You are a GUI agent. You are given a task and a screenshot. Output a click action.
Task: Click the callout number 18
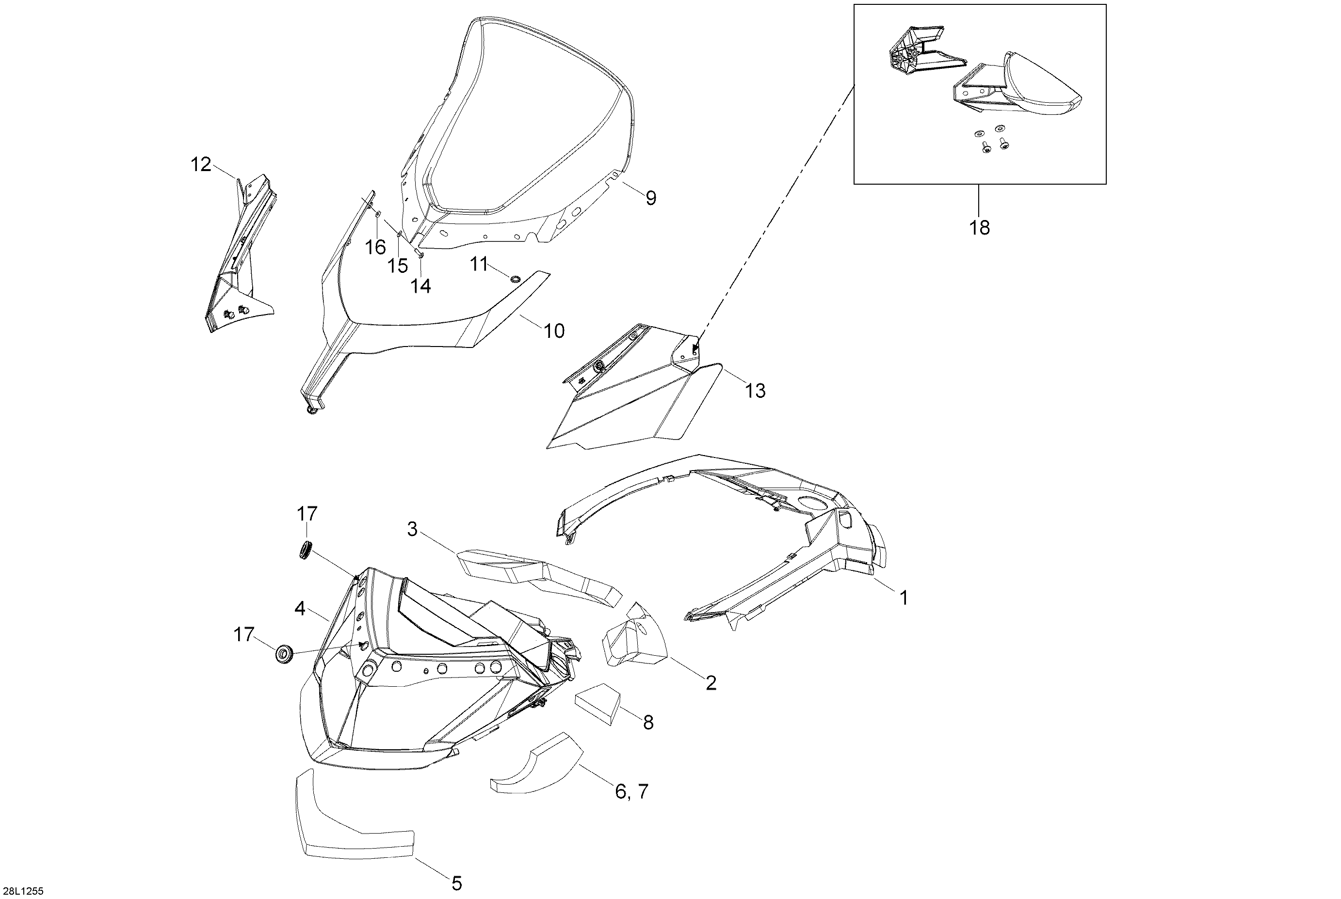(980, 228)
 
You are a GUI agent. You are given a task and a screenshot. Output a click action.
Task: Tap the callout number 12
(201, 165)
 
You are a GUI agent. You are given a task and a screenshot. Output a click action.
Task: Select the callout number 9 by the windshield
(651, 198)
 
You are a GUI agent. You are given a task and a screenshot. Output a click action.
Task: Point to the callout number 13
(755, 391)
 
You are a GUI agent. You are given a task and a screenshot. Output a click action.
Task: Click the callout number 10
(554, 331)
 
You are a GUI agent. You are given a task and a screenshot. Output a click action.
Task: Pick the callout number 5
(457, 883)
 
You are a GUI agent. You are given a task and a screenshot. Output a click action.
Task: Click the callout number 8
(648, 723)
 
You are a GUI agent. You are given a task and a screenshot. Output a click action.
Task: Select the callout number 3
(412, 529)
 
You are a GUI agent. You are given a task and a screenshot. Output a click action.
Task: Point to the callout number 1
(904, 598)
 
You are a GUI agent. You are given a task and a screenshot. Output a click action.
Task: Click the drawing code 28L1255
(22, 891)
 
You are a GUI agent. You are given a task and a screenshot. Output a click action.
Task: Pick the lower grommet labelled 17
(285, 654)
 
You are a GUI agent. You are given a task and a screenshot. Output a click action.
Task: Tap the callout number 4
(300, 608)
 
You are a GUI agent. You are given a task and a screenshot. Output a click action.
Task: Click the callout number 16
(376, 248)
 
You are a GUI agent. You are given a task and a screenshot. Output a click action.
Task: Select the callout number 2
(711, 683)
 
